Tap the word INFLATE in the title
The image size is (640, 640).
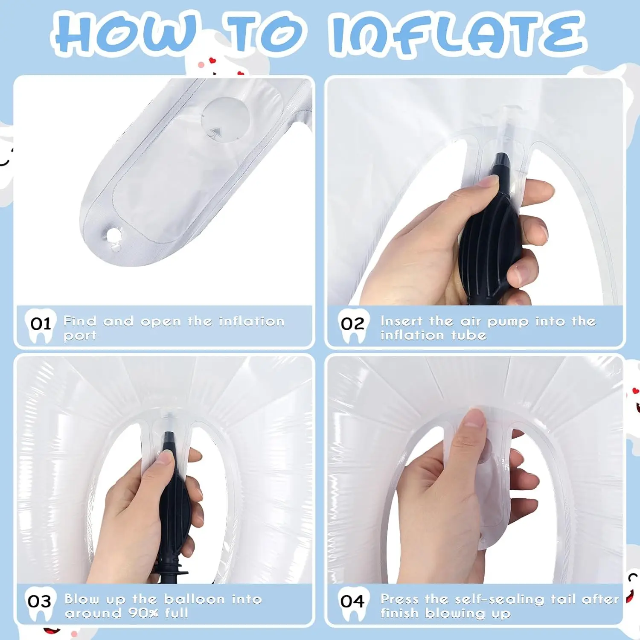coord(458,34)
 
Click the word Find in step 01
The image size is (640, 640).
coord(80,321)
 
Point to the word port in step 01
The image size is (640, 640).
coord(80,336)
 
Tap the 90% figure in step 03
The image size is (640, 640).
coord(143,614)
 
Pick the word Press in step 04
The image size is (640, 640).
coord(399,599)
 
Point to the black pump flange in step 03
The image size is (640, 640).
coord(171,570)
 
